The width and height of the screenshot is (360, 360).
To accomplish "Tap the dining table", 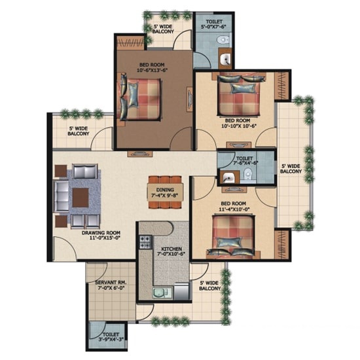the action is tap(166, 192).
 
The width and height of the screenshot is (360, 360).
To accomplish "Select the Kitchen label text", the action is tap(171, 249).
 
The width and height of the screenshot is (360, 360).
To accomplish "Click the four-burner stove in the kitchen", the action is tap(145, 242).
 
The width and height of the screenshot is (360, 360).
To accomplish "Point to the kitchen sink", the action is tap(162, 293).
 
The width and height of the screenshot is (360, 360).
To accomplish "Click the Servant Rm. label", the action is tap(111, 283).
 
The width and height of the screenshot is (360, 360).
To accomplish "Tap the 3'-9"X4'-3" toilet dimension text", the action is tap(111, 339).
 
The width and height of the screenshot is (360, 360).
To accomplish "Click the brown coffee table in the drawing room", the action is tap(81, 198).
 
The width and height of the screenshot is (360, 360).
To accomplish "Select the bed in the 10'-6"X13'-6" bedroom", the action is tap(140, 99).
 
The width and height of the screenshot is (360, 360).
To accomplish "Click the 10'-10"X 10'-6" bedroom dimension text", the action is tap(239, 126).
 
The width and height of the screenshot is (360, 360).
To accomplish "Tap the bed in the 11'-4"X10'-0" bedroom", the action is tap(233, 236).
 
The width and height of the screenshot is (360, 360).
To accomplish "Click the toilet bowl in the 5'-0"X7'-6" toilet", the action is tap(223, 39).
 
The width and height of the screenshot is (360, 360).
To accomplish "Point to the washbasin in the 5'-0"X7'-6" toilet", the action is tap(225, 59).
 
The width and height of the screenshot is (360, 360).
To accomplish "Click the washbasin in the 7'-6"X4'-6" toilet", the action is tap(228, 177).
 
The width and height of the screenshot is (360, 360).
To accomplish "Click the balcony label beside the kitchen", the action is tap(209, 285).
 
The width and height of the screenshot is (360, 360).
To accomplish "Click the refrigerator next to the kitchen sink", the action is tap(181, 291).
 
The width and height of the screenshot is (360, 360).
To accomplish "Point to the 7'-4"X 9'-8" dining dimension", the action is tap(165, 196).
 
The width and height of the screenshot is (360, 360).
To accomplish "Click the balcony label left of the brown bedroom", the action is tap(79, 131).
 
